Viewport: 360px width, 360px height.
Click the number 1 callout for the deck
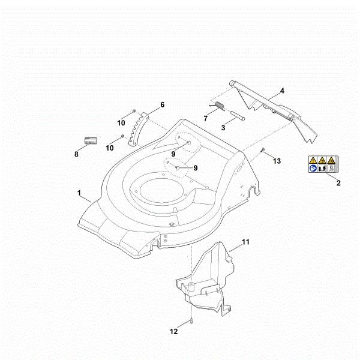click(x=79, y=193)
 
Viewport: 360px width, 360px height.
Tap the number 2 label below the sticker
click(x=338, y=183)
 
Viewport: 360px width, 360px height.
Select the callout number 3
click(x=223, y=127)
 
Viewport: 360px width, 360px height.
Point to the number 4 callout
click(x=282, y=91)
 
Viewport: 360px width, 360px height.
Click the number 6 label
click(x=162, y=105)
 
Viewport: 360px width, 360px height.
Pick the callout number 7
click(x=205, y=118)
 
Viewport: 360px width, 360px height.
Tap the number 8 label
click(x=76, y=154)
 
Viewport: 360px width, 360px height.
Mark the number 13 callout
click(x=277, y=161)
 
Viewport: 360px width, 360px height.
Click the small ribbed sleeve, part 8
click(x=91, y=141)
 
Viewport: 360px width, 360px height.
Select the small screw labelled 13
click(x=263, y=150)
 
